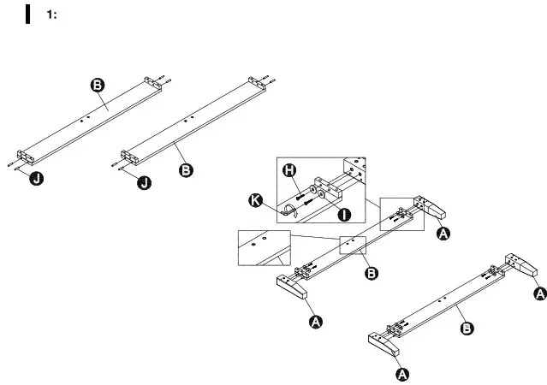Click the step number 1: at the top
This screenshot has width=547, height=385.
[x=51, y=15]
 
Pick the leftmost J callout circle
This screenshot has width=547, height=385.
[x=37, y=178]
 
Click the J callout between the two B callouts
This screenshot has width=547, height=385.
[x=146, y=182]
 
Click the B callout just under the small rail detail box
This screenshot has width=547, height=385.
[x=372, y=273]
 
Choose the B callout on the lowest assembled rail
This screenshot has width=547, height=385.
[x=467, y=328]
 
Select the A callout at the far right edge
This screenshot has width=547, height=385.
[x=538, y=293]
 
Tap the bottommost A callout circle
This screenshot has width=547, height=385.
[x=401, y=374]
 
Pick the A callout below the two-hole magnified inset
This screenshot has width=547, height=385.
[x=315, y=321]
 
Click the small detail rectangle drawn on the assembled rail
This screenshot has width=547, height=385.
[x=353, y=244]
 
